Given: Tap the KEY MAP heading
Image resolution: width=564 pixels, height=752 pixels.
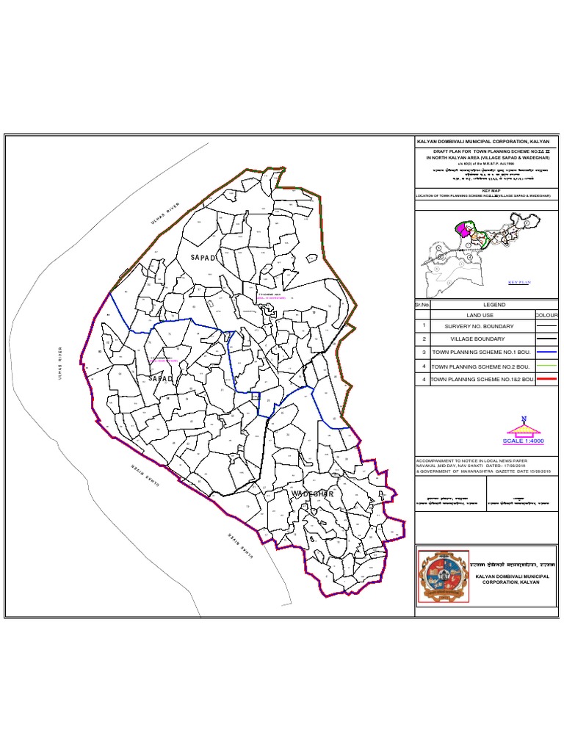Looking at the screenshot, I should coord(485,189).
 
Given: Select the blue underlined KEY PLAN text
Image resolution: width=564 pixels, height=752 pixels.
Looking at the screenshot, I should coord(519,282).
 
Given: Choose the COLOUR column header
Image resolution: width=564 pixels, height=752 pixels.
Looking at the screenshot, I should coord(547,316).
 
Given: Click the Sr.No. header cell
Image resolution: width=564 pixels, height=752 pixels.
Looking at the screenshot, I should coord(421,305).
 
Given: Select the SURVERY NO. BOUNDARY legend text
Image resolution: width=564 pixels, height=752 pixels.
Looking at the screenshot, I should coord(478,326).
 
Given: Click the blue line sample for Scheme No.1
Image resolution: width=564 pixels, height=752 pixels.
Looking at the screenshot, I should coord(547,352).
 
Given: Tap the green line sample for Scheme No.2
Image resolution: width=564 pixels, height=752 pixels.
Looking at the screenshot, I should coord(547,366).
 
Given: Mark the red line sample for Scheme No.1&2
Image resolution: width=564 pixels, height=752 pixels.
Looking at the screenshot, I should coord(547,379).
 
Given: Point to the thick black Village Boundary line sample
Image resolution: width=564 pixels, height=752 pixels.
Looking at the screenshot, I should coord(547,339).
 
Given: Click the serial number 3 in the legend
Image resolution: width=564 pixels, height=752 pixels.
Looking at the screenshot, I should coord(424,352).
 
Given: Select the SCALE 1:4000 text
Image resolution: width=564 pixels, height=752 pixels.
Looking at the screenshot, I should coord(524,441).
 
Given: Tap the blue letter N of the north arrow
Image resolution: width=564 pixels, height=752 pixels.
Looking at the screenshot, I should coord(524,419).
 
